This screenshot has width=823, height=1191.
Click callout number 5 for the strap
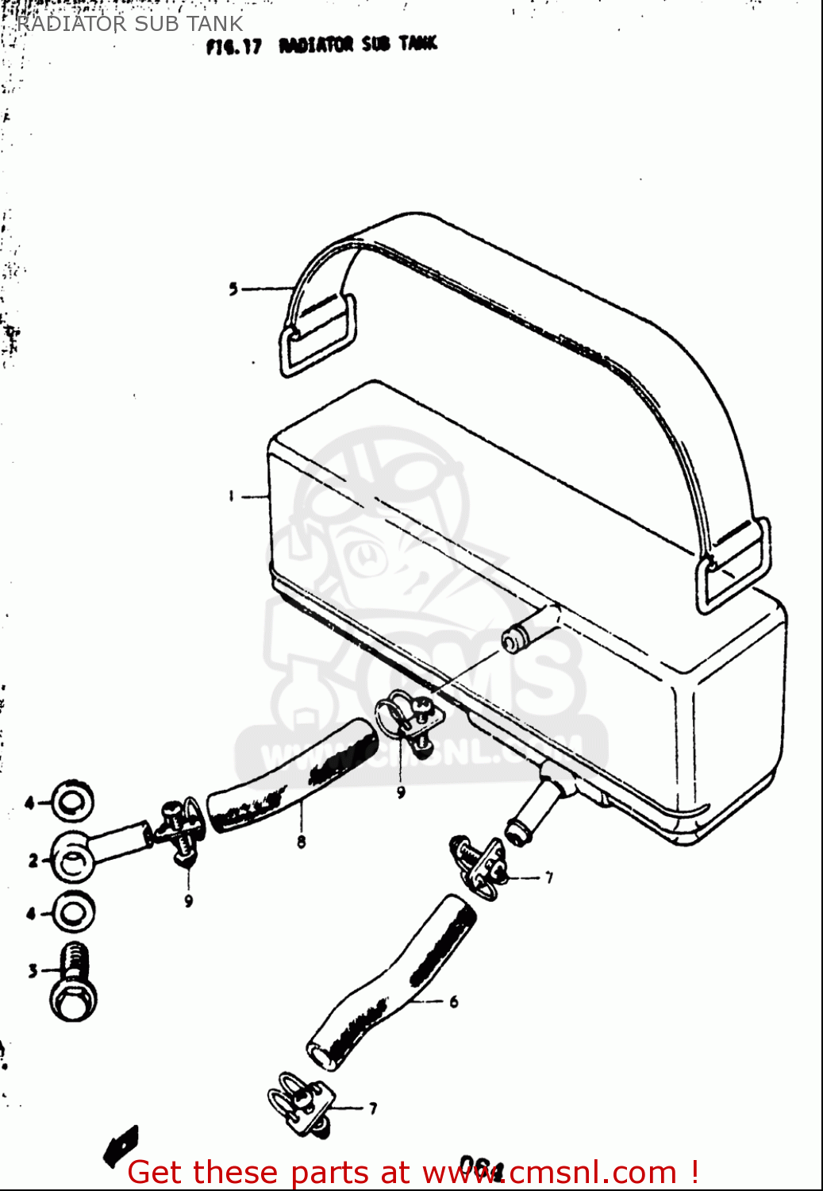click(233, 289)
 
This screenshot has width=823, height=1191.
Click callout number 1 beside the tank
click(231, 496)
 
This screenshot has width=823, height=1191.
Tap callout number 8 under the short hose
click(301, 842)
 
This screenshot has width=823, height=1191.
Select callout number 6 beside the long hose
click(454, 1002)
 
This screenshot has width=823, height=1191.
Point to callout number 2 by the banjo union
click(33, 860)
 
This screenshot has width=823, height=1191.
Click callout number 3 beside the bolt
click(33, 970)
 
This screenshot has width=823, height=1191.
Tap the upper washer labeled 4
click(72, 803)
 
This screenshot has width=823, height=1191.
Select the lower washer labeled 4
click(74, 912)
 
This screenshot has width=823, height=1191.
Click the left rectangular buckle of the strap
click(317, 337)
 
